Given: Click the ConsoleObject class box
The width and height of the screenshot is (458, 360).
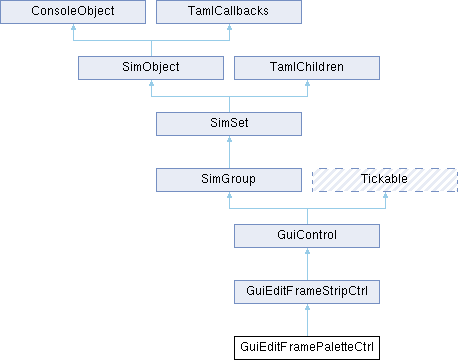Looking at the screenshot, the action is [73, 12].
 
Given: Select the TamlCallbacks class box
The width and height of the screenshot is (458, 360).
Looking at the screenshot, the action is [229, 12].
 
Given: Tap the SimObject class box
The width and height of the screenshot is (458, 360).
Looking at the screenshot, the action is [151, 68].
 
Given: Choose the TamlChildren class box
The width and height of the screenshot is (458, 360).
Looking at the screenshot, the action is [307, 68].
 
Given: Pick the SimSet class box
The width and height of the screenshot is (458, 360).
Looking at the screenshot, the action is [229, 124].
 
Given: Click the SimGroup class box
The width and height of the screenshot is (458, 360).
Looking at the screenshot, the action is [229, 180].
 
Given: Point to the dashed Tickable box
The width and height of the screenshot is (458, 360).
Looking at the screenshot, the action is [385, 180].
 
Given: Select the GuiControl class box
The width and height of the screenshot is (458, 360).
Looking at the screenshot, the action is [307, 236].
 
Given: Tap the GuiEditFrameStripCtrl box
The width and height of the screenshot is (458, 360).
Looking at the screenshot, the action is [307, 292].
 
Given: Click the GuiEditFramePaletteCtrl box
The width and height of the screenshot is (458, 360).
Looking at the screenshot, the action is [307, 348].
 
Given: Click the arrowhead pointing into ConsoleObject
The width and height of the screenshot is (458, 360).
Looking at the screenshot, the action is [73, 27].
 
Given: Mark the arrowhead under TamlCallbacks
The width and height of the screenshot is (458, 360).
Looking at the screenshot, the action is [229, 27].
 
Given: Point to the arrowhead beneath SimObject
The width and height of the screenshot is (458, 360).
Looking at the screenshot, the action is [151, 83].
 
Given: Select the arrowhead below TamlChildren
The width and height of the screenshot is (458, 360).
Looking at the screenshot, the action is [307, 83].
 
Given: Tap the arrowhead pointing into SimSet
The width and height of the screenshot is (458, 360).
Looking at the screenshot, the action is [229, 139].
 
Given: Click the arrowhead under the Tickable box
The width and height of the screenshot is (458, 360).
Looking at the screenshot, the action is [385, 195].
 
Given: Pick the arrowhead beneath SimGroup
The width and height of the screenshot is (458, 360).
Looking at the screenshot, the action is [229, 195].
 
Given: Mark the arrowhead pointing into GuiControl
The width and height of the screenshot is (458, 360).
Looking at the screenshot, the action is [307, 251].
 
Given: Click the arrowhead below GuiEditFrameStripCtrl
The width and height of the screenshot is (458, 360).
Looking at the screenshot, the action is [307, 307].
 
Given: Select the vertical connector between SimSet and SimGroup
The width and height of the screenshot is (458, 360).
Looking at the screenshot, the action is [229, 152].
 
